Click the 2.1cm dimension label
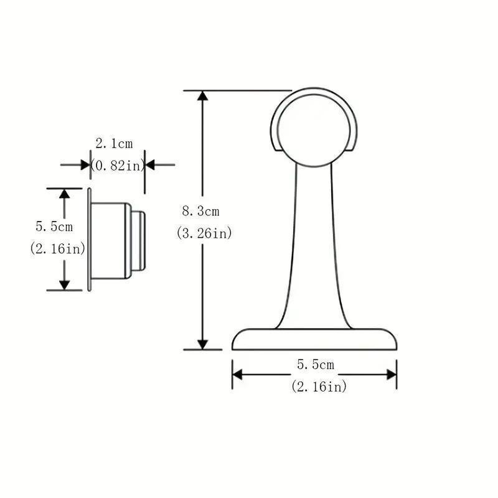tap(114, 143)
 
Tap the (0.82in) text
tap(118, 165)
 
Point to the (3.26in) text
tap(204, 233)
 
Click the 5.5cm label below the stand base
tap(315, 364)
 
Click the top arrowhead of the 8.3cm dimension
tap(202, 95)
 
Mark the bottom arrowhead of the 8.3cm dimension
tap(202, 344)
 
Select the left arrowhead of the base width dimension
tap(237, 374)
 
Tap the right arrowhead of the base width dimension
tap(392, 374)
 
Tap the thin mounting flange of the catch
tap(88, 239)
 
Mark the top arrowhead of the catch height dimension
tap(64, 194)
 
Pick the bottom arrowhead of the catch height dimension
tap(64, 284)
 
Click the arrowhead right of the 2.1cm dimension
tap(150, 165)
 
